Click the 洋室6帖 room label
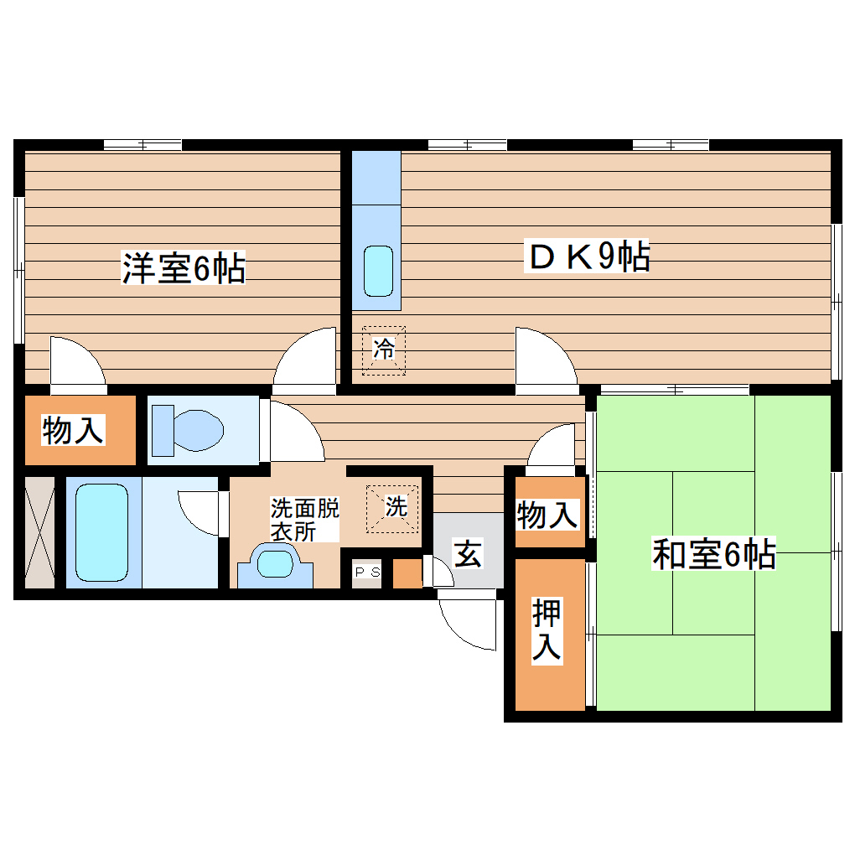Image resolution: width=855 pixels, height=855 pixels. point(184,268)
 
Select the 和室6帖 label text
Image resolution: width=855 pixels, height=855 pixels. point(713,554)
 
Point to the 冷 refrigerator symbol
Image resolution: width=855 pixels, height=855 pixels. point(384,349)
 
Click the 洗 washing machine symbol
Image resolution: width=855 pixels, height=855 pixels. point(394,506)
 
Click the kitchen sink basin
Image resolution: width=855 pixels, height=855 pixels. point(378,270)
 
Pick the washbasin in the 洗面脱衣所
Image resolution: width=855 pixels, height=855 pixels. point(276,562)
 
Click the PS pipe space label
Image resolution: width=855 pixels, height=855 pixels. point(367,573)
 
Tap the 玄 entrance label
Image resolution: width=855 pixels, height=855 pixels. point(467,553)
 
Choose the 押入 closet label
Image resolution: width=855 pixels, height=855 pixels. point(547,633)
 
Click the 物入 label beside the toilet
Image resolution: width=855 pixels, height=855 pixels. point(73,431)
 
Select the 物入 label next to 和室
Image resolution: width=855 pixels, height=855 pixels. point(547,515)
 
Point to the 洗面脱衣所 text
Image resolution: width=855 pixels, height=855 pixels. point(304,520)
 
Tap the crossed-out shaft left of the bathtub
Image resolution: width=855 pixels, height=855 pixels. point(39,532)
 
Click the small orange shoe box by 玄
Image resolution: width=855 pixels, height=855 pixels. point(408,573)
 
